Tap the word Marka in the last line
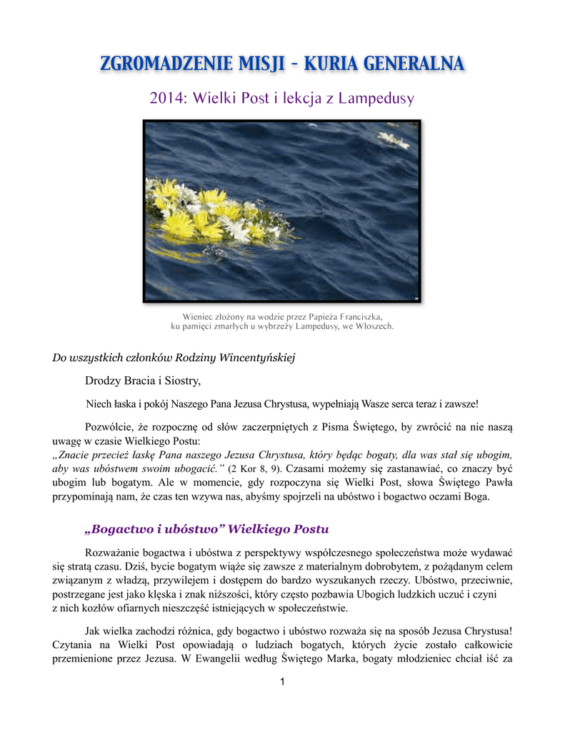(x=343, y=659)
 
